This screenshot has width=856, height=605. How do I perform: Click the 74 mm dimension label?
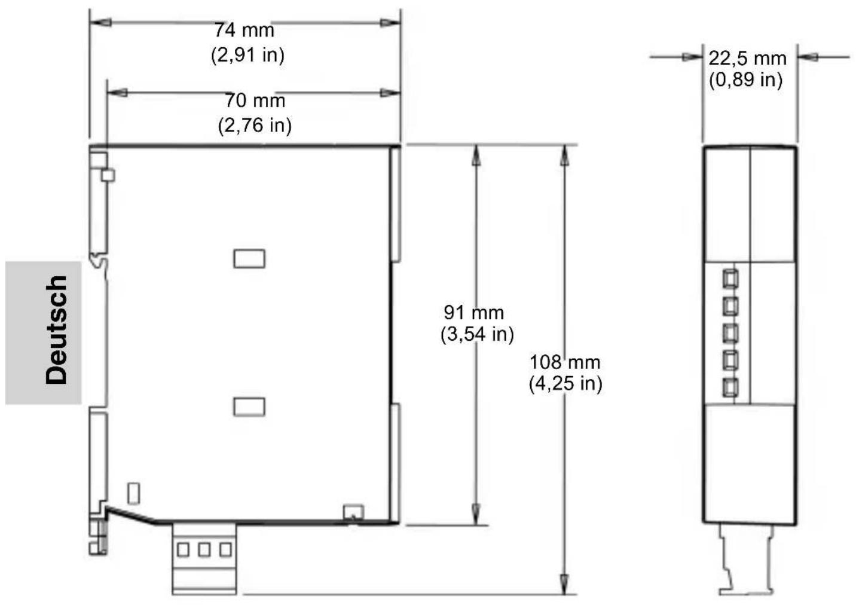click(x=244, y=30)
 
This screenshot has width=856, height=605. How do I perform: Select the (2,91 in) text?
click(x=247, y=55)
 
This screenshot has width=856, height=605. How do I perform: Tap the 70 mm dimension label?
click(x=255, y=100)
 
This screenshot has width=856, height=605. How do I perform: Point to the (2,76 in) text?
click(x=255, y=126)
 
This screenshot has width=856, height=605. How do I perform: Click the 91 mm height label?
click(x=474, y=313)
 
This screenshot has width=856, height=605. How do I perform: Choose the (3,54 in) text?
click(x=477, y=334)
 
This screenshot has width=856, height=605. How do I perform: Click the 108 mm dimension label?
click(x=565, y=362)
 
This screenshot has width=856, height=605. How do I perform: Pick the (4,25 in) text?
click(x=565, y=383)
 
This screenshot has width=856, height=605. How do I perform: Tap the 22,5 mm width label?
click(x=747, y=59)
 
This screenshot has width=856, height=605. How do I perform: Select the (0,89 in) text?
click(x=746, y=80)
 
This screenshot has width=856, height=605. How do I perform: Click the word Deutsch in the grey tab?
click(x=56, y=329)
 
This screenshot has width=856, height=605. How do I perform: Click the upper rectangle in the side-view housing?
click(x=249, y=259)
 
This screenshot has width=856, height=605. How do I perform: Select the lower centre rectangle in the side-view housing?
click(x=249, y=407)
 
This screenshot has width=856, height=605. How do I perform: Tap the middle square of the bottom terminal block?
click(x=204, y=550)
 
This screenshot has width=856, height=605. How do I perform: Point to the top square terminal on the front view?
click(x=730, y=279)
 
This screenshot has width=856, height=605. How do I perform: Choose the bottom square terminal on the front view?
click(x=730, y=388)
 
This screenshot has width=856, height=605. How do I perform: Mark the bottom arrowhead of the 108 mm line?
click(x=564, y=584)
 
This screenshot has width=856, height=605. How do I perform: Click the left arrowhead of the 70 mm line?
click(x=117, y=93)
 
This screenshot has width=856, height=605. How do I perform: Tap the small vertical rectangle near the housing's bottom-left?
click(x=133, y=493)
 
